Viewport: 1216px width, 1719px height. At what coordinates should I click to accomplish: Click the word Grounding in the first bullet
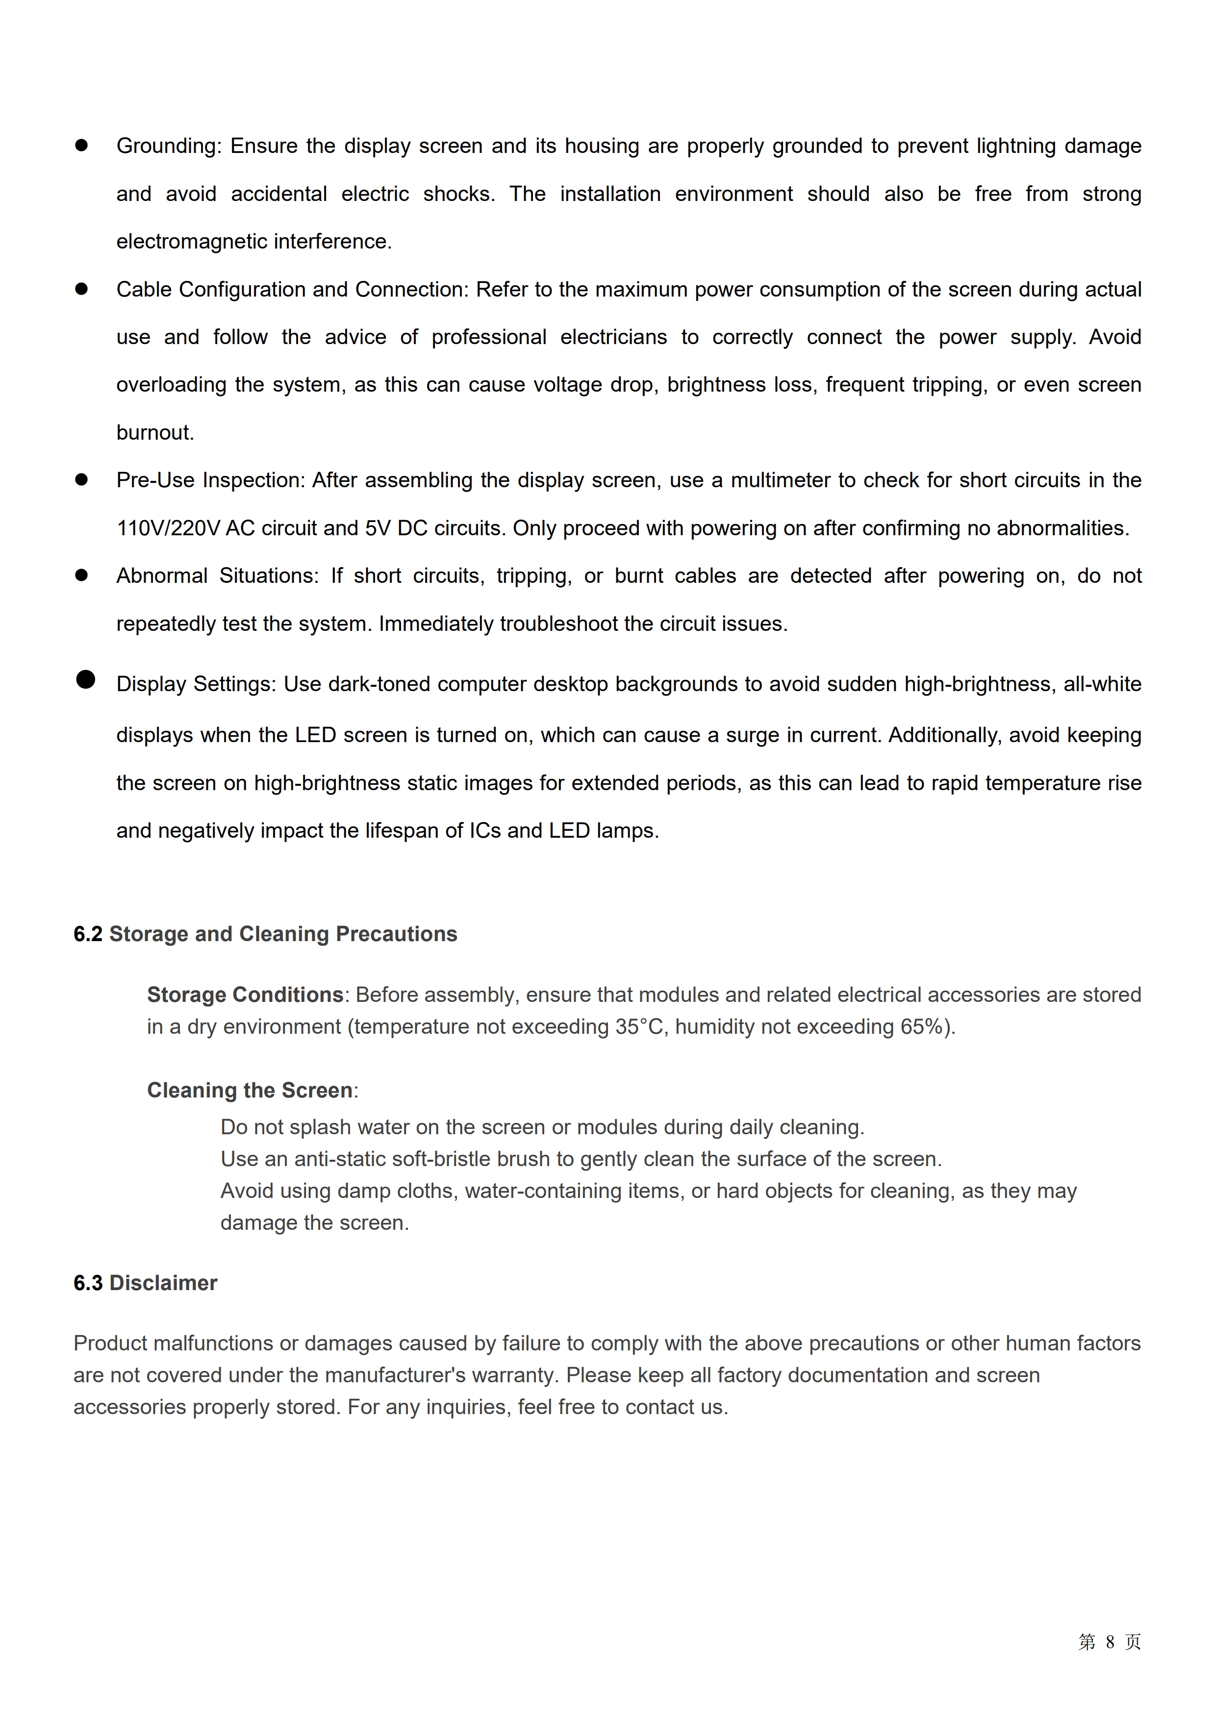coord(168,146)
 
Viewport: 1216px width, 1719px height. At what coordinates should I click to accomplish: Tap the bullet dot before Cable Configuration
coord(81,289)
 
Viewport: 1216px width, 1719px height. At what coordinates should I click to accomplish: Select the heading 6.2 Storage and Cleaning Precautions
coord(265,934)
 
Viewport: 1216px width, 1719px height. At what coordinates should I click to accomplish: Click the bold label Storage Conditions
coord(245,995)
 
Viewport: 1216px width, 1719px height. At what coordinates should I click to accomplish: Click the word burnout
coord(154,433)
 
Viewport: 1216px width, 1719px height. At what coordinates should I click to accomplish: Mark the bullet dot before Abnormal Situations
coord(81,575)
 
